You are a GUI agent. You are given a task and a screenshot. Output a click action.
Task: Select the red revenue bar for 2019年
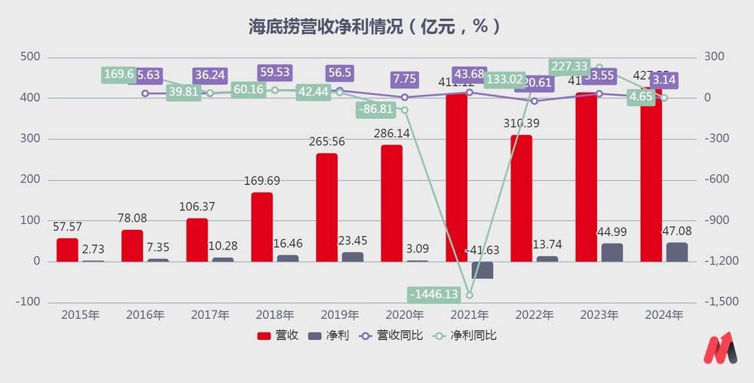click(x=326, y=207)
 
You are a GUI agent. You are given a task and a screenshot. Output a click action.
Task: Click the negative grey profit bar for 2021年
click(x=483, y=270)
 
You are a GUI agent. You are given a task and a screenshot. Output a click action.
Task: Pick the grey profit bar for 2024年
click(x=676, y=252)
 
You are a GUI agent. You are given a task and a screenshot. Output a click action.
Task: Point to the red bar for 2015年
click(x=67, y=250)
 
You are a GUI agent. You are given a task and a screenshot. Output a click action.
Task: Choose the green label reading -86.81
click(x=380, y=109)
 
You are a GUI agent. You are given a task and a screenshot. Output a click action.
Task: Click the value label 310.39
click(x=521, y=123)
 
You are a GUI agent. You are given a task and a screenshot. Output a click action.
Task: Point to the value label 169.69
click(x=262, y=180)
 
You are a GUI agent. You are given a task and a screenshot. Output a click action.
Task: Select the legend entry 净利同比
click(x=469, y=336)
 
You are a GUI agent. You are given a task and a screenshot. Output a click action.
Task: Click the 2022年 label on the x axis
click(x=521, y=315)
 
